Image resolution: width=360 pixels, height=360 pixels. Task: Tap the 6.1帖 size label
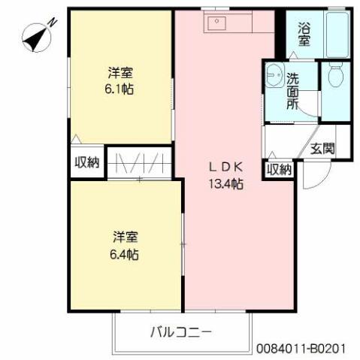pyautogui.click(x=121, y=89)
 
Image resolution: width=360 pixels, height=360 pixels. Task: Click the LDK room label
pyautogui.click(x=225, y=168)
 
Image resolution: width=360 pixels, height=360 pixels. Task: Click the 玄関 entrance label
pyautogui.click(x=323, y=148)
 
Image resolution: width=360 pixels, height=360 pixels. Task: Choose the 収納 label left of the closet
pyautogui.click(x=86, y=162)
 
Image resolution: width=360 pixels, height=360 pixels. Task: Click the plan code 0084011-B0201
pyautogui.click(x=301, y=349)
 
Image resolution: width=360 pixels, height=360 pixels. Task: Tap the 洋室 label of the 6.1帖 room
pyautogui.click(x=121, y=73)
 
